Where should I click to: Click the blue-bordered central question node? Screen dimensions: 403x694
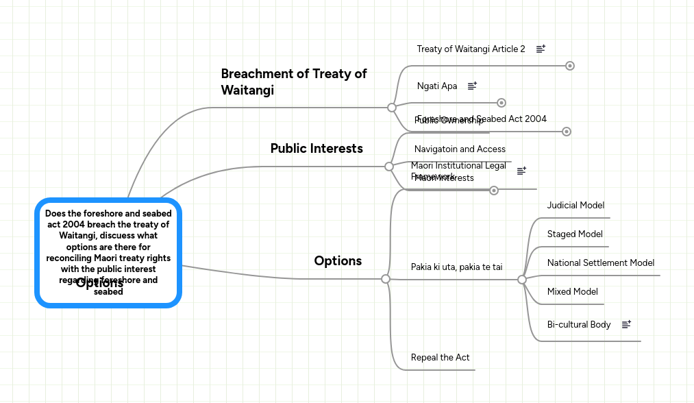click(108, 252)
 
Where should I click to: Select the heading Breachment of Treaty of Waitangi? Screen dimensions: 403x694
click(293, 82)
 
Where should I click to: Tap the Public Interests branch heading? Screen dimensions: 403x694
click(317, 148)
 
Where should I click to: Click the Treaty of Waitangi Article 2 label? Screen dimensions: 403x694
click(471, 49)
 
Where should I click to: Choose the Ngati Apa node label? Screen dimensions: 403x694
click(437, 86)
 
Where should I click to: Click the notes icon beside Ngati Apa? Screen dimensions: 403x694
click(472, 86)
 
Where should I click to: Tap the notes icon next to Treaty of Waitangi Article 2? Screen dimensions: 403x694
click(541, 49)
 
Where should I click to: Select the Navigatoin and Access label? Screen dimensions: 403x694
click(460, 149)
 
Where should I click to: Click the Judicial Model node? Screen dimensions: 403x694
click(575, 205)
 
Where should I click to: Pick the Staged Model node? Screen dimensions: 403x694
click(575, 234)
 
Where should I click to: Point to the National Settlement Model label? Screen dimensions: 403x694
click(600, 262)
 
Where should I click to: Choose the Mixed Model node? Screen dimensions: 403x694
click(572, 291)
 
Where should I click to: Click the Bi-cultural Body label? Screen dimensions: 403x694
click(578, 324)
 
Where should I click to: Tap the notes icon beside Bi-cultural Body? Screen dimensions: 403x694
click(626, 324)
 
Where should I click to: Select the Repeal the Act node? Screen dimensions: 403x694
click(440, 357)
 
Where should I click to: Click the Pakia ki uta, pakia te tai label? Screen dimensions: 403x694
click(456, 267)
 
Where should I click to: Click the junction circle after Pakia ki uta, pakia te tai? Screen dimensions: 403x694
click(522, 280)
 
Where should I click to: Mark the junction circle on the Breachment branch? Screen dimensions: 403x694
click(392, 108)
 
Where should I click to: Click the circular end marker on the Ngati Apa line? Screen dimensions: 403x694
click(501, 103)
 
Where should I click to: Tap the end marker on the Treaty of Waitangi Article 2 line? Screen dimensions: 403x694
click(570, 66)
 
